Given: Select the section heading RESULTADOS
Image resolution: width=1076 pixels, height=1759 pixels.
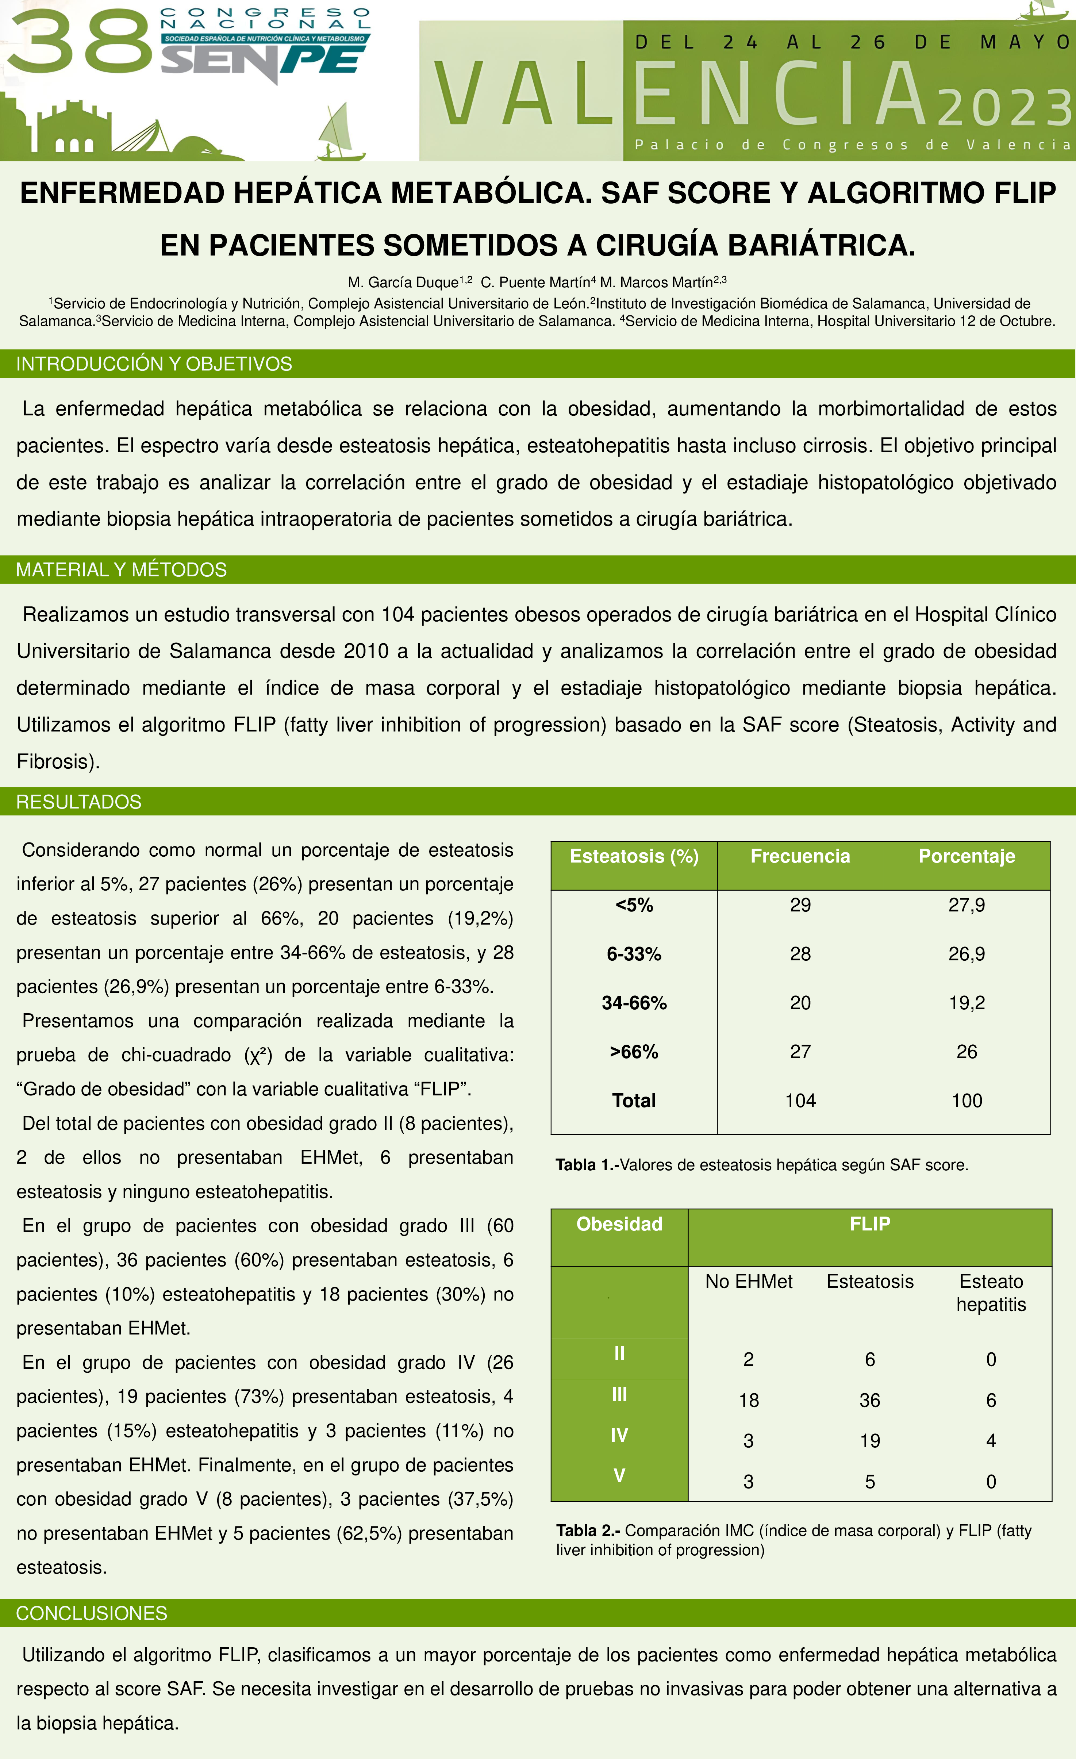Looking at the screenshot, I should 78,802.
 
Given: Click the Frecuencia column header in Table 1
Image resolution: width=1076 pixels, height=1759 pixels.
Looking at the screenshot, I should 800,856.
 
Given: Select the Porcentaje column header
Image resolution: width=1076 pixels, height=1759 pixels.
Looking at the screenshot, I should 966,856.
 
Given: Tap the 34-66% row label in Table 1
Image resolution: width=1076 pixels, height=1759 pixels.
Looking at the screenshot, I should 634,1003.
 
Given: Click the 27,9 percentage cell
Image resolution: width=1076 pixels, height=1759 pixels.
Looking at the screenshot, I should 966,905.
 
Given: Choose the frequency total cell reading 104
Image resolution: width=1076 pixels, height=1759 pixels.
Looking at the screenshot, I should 800,1101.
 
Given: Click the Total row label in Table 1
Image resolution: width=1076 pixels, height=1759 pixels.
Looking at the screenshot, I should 634,1101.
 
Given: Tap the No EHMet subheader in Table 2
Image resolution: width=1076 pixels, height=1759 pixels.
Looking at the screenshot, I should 748,1282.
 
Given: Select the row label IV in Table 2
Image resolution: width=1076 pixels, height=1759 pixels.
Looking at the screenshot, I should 619,1435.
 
